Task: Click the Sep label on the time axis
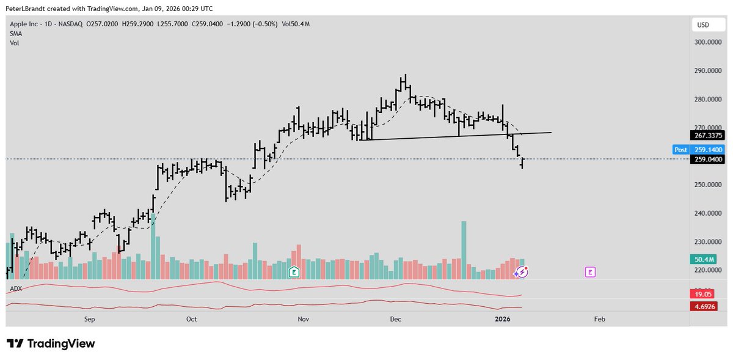coord(90,319)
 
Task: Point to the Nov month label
coord(302,319)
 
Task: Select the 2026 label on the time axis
coord(503,319)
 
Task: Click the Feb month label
coord(599,319)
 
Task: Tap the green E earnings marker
coord(294,272)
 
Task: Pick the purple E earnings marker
coord(590,272)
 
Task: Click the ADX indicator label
coord(16,288)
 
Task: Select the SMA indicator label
coord(16,35)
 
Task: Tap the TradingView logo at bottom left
coord(51,343)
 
